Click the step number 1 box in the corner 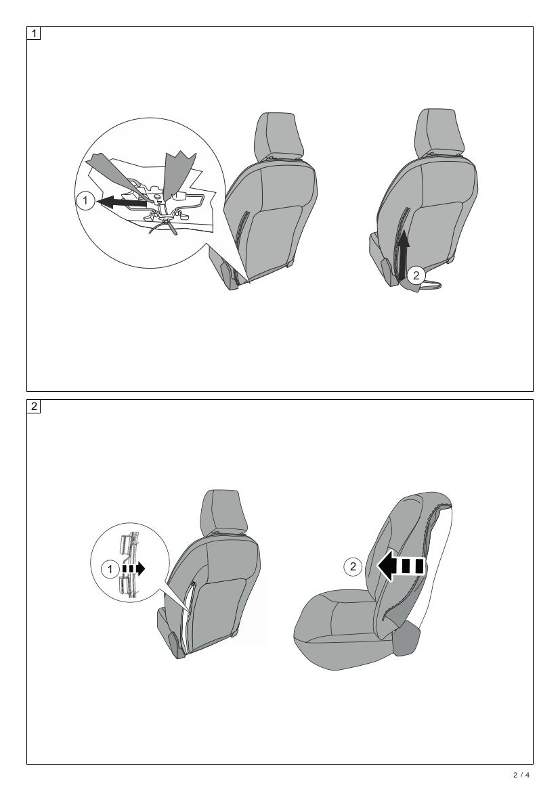[34, 34]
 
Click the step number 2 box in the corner [34, 407]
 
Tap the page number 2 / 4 [521, 775]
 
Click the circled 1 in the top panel [85, 201]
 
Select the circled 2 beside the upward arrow [416, 274]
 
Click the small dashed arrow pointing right [133, 570]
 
